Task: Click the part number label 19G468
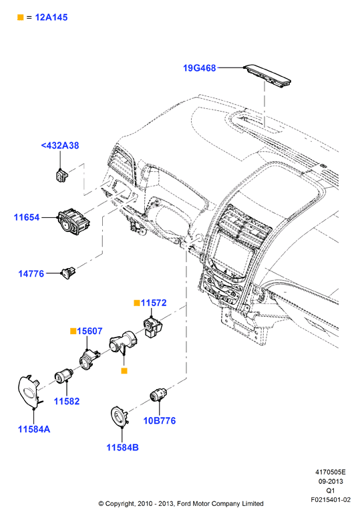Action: pyautogui.click(x=199, y=68)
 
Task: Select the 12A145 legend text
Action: pyautogui.click(x=51, y=17)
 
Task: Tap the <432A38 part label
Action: pyautogui.click(x=60, y=145)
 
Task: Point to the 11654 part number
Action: pyautogui.click(x=27, y=217)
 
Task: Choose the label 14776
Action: pyautogui.click(x=31, y=273)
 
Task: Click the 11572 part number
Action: pyautogui.click(x=154, y=303)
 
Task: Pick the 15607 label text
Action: pyautogui.click(x=89, y=331)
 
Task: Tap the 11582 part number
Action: pyautogui.click(x=67, y=401)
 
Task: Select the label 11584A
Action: pyautogui.click(x=34, y=429)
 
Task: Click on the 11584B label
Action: pyautogui.click(x=122, y=447)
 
